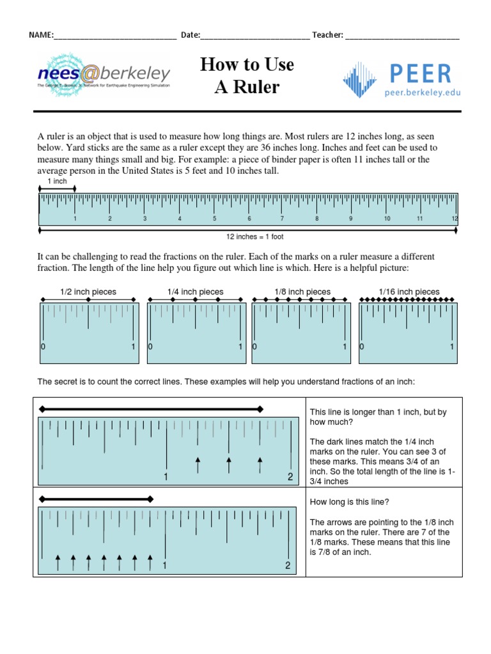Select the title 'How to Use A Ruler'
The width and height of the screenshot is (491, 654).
[247, 75]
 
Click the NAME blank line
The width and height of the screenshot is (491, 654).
[115, 36]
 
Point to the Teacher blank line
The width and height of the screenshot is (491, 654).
[402, 36]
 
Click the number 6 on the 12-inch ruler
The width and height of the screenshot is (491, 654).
[249, 218]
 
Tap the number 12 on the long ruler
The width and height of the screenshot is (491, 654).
[455, 218]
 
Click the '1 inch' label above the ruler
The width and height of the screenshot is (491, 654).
[58, 181]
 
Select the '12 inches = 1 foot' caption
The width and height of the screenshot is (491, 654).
[255, 237]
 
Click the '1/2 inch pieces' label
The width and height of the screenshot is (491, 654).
[88, 292]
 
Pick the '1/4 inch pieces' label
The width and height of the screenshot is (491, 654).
[196, 292]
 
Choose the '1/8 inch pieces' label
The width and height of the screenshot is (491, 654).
[302, 292]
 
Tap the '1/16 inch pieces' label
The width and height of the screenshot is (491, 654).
[409, 292]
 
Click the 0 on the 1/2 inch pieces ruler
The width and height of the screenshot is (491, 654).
[43, 347]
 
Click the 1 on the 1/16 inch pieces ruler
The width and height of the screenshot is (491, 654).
[451, 347]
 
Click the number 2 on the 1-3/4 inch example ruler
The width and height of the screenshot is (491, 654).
[290, 476]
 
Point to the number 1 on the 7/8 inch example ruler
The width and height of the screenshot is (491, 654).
[165, 565]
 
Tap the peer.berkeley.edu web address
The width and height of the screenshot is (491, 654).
[422, 93]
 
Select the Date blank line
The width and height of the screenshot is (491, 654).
[255, 36]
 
